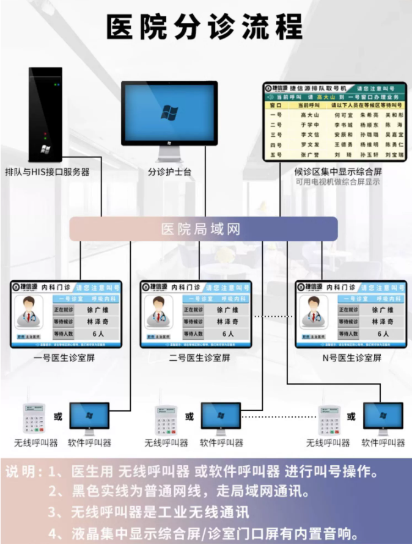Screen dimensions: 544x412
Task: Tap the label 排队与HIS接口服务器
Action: coord(47,172)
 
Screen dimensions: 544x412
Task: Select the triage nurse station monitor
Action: coord(169,115)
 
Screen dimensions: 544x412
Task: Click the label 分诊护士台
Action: coord(169,172)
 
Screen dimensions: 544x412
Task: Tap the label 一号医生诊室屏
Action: coord(65,358)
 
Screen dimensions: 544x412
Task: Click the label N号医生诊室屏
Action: coord(351,358)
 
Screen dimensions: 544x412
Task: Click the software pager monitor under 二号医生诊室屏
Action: coord(221,418)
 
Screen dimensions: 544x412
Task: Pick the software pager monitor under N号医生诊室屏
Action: coord(383,418)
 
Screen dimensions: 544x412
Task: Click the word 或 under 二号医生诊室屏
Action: coord(189,416)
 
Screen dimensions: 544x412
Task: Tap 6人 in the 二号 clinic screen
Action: coord(228,334)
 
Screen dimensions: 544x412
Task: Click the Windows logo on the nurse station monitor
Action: coord(169,112)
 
